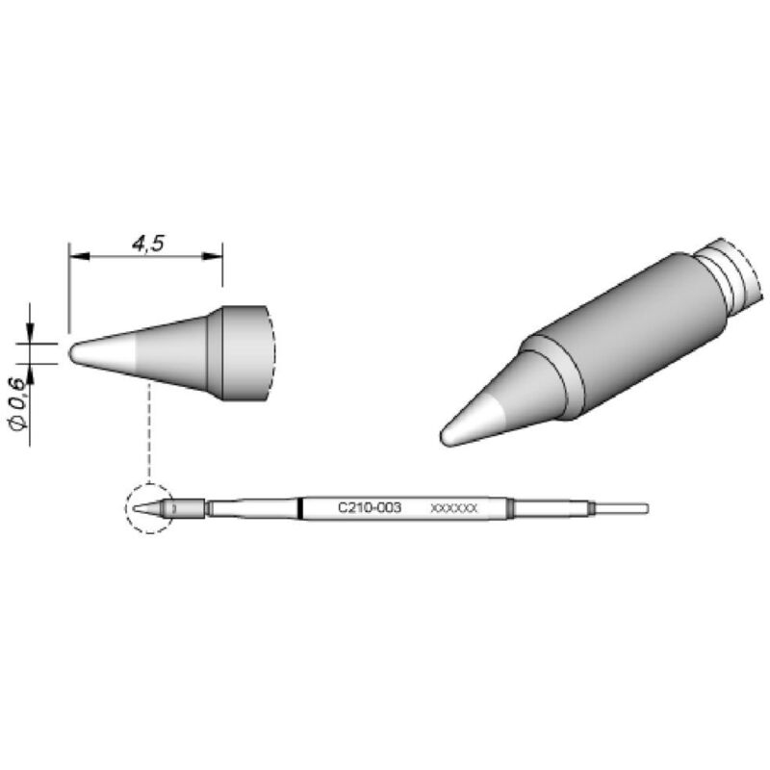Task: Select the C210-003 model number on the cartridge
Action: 370,507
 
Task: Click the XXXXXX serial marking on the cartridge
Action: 453,508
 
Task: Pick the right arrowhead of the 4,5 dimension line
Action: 215,257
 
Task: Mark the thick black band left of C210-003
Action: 301,508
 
